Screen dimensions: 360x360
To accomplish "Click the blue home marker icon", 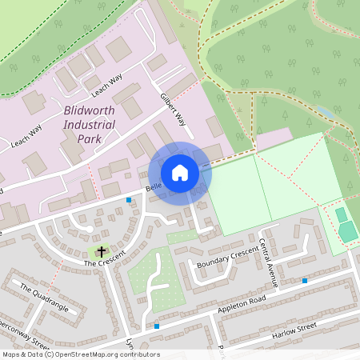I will pos(180,172).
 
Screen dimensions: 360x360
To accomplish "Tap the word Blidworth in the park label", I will pos(90,112).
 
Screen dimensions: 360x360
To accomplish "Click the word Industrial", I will pos(88,126).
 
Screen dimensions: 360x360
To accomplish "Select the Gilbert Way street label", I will pos(173,109).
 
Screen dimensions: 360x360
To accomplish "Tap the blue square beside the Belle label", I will pos(128,200).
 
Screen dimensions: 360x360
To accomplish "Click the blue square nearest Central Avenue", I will pos(304,281).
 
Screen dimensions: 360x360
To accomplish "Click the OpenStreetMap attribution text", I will pos(80,354).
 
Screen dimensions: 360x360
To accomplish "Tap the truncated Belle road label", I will pos(153,187).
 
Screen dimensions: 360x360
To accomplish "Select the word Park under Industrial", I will pos(90,139).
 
